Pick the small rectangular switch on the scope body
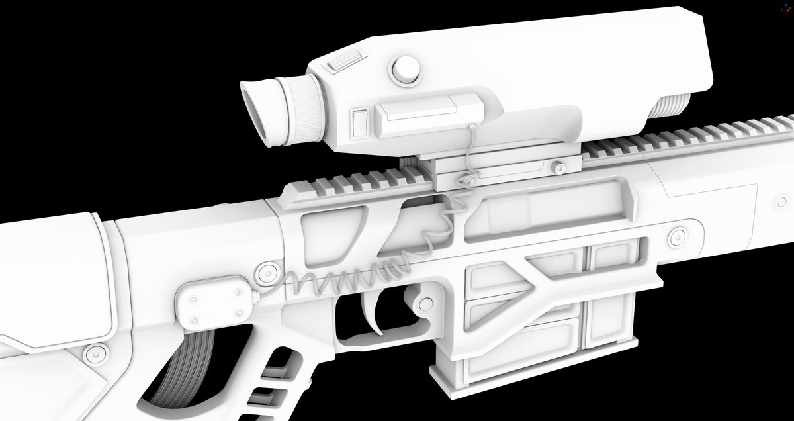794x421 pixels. tap(361, 122)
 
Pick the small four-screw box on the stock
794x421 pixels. tap(214, 304)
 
